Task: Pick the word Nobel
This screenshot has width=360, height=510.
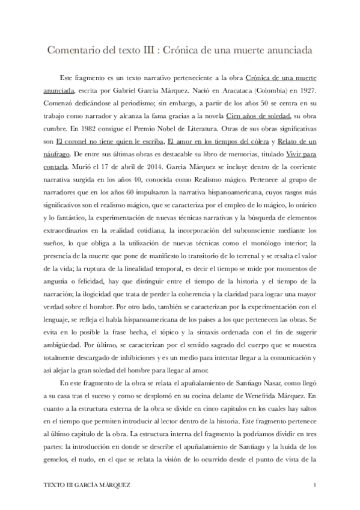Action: point(169,129)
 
